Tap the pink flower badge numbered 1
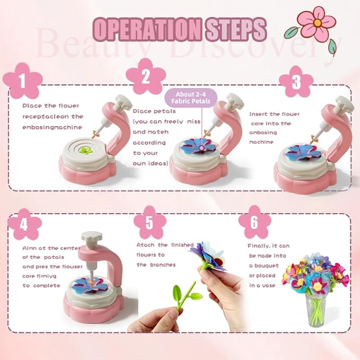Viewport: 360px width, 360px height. (x=22, y=82)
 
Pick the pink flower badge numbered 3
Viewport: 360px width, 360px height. (x=296, y=82)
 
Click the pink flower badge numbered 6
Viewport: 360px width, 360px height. (x=254, y=223)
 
